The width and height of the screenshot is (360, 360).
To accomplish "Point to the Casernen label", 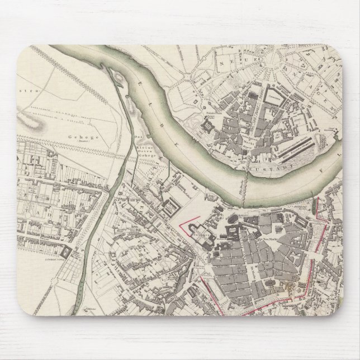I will click(x=274, y=96).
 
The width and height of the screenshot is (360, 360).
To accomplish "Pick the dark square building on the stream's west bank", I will click(x=68, y=252).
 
